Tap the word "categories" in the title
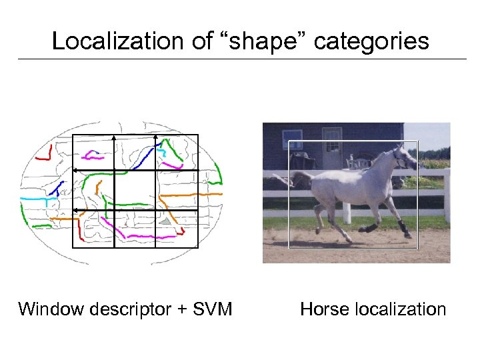pyautogui.click(x=371, y=41)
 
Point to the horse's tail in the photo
pyautogui.click(x=300, y=178)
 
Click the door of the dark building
pyautogui.click(x=331, y=150)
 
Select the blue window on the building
pyautogui.click(x=292, y=139)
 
